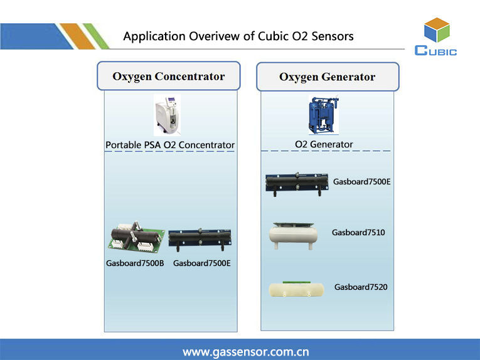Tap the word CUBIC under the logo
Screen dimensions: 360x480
(x=436, y=51)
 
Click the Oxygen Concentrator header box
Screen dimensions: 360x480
(x=168, y=77)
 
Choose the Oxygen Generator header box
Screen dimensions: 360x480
(x=327, y=78)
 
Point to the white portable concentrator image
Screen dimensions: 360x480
(x=167, y=115)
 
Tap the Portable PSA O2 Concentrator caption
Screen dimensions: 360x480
(x=169, y=146)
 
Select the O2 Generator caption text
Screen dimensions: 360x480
(x=324, y=144)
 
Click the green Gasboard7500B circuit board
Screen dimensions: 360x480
(x=137, y=239)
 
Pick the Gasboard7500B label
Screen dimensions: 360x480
(x=135, y=263)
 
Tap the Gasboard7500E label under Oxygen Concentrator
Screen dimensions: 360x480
(x=202, y=263)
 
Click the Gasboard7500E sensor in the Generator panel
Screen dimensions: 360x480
(x=296, y=183)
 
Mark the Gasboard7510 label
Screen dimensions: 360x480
(x=358, y=233)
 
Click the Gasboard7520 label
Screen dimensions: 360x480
(x=361, y=287)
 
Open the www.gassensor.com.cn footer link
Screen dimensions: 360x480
(x=245, y=352)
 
